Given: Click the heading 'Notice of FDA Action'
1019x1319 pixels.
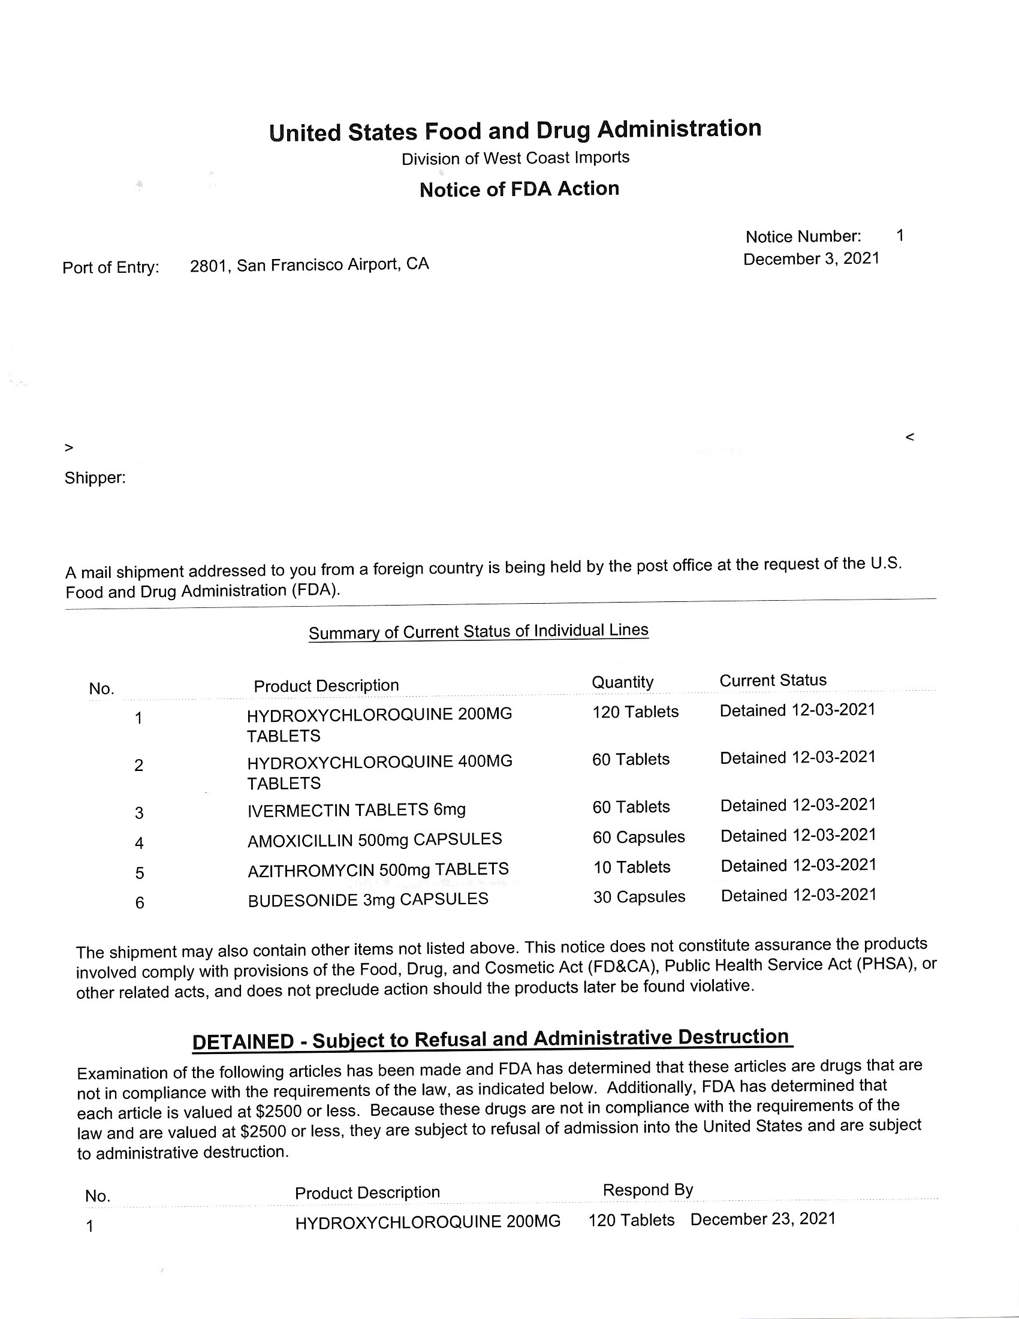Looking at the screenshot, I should [x=519, y=189].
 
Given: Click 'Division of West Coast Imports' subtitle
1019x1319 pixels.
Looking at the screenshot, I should [x=515, y=158].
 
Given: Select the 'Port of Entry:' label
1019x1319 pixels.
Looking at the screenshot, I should [x=110, y=267].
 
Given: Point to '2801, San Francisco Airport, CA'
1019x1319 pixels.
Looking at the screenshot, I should [x=309, y=264].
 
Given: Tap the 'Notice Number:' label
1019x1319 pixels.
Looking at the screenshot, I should [x=803, y=236].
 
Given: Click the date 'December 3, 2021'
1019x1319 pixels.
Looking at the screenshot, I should [x=812, y=258].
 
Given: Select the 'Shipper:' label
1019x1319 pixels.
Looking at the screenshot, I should [x=95, y=478].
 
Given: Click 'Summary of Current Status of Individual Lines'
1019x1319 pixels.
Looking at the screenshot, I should [x=478, y=632].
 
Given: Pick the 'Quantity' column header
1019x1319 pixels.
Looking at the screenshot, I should [x=622, y=682].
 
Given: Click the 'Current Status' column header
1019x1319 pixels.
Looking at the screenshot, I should [x=773, y=680].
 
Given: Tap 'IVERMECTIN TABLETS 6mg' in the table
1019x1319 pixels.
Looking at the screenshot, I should [x=356, y=809].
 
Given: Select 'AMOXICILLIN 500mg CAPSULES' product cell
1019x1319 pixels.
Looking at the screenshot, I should [x=374, y=839].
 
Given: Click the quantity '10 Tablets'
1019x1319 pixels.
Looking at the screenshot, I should [x=631, y=868].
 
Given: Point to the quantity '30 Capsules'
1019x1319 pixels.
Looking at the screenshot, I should [x=639, y=897].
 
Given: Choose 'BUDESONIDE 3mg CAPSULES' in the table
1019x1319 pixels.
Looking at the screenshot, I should [x=367, y=899].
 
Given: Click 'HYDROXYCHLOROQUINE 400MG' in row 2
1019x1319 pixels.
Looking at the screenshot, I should [x=379, y=762].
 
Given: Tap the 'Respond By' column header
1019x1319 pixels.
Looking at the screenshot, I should [x=648, y=1189].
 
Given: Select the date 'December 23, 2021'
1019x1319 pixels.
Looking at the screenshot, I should [x=763, y=1219].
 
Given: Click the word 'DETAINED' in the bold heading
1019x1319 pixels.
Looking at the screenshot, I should [x=243, y=1042].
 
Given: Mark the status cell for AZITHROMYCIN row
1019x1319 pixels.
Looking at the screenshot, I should [x=798, y=865].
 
